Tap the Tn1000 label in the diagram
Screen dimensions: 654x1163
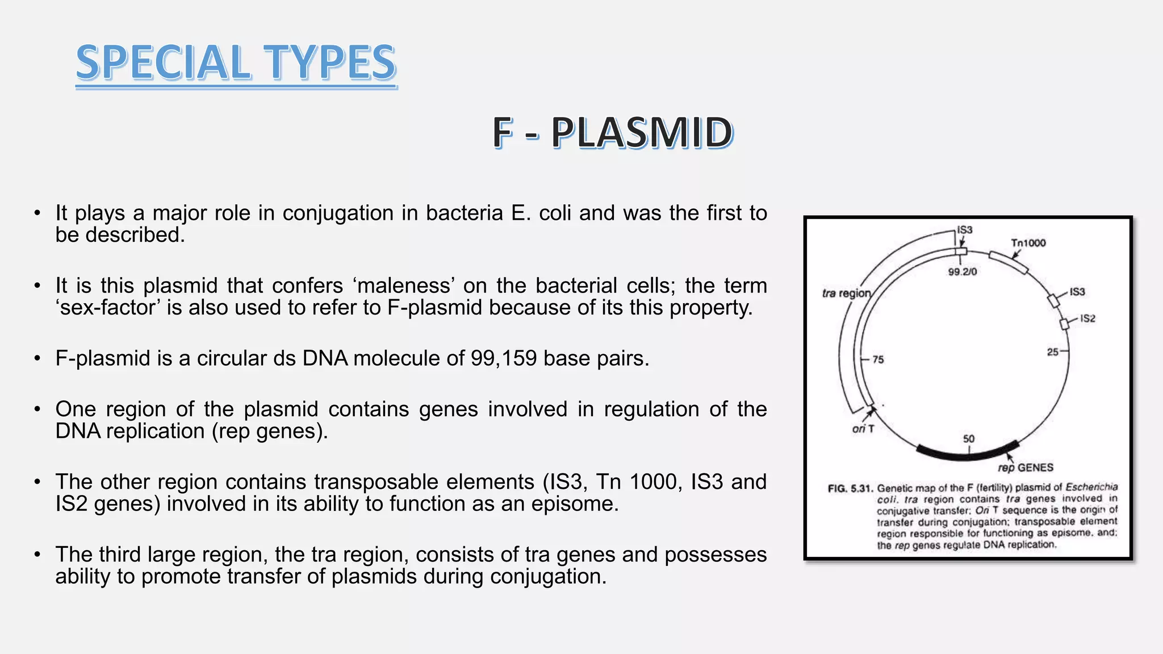(x=1028, y=243)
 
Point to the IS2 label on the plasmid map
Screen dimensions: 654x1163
(x=1087, y=318)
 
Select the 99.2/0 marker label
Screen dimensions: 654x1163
(x=963, y=272)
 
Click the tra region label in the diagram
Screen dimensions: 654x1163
(x=846, y=293)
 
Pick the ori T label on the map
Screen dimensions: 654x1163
(x=863, y=429)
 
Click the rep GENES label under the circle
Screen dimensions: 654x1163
(x=1026, y=468)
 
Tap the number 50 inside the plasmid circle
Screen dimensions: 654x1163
(x=969, y=439)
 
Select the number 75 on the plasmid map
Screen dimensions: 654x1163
(x=878, y=359)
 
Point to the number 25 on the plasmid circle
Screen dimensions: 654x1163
(x=1052, y=352)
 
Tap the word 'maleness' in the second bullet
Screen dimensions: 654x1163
(x=404, y=286)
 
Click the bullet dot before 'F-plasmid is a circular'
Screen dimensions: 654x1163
(x=37, y=359)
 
